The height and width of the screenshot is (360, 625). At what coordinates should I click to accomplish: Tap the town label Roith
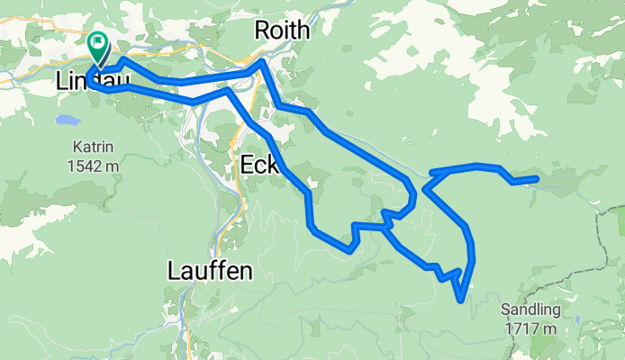click(282, 30)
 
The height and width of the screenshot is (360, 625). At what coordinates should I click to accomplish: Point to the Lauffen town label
click(209, 270)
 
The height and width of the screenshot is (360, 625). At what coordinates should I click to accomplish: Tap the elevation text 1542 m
click(98, 166)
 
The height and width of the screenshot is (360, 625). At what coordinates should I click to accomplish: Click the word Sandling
click(531, 310)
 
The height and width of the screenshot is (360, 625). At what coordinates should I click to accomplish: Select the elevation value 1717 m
click(531, 328)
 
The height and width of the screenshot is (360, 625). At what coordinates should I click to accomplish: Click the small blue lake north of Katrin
click(66, 120)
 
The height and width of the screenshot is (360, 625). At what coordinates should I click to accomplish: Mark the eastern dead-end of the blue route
click(537, 180)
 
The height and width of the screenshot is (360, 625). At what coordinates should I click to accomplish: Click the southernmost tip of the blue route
click(461, 301)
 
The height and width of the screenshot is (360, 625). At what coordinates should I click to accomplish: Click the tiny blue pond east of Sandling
click(577, 319)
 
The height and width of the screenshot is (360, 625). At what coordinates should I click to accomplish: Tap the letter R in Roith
click(261, 30)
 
